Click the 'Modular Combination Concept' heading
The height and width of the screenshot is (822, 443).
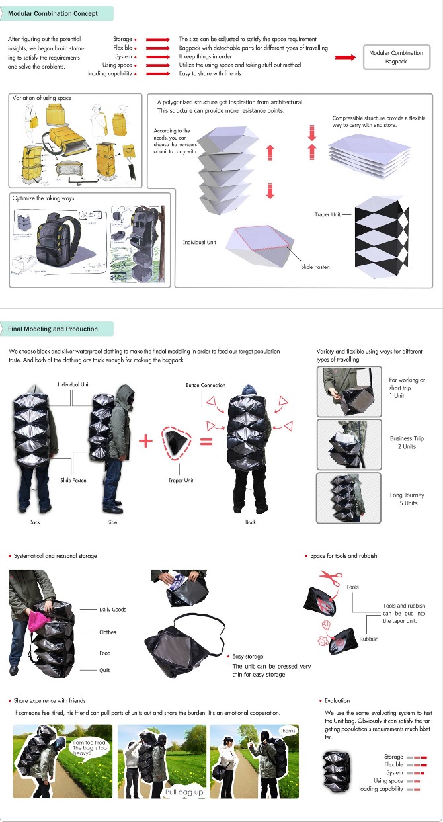click(53, 13)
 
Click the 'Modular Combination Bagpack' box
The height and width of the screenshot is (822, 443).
click(398, 57)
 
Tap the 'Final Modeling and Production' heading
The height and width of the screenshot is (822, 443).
click(53, 329)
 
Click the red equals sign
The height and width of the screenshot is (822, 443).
click(206, 440)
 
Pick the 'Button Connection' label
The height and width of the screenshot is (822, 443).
click(206, 385)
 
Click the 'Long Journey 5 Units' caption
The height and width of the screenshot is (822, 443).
click(407, 499)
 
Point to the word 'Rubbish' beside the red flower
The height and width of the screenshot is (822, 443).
click(369, 639)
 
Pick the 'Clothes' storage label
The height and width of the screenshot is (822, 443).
click(107, 632)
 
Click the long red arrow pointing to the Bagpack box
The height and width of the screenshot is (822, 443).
click(345, 57)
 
